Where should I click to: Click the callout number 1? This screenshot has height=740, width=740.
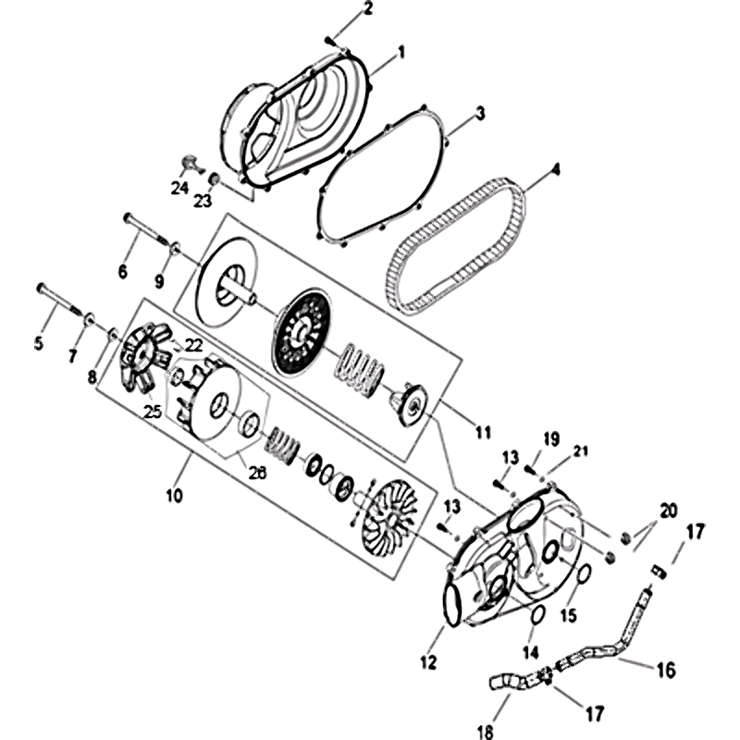pyautogui.click(x=401, y=54)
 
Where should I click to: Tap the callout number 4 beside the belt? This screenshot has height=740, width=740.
pyautogui.click(x=555, y=169)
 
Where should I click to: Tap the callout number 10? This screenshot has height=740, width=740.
pyautogui.click(x=175, y=495)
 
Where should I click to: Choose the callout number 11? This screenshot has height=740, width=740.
pyautogui.click(x=480, y=432)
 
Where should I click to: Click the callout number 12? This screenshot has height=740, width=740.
pyautogui.click(x=426, y=661)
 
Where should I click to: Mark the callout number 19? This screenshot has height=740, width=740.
pyautogui.click(x=551, y=438)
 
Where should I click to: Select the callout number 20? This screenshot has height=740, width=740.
pyautogui.click(x=668, y=512)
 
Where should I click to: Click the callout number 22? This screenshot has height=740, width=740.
pyautogui.click(x=193, y=344)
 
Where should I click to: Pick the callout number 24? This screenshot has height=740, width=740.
pyautogui.click(x=179, y=188)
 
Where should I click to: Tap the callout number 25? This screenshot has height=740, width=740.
pyautogui.click(x=153, y=411)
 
